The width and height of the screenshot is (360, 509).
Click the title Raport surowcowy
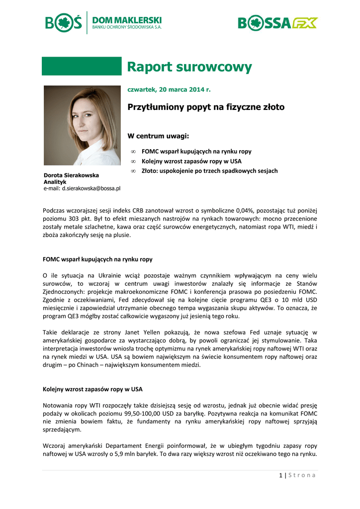(x=189, y=67)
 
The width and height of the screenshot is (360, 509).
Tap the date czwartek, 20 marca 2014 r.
(x=169, y=89)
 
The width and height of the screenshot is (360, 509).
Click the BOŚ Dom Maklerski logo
(x=103, y=23)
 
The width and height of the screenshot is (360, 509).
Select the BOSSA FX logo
(x=277, y=23)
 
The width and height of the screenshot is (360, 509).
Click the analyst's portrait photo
(x=82, y=125)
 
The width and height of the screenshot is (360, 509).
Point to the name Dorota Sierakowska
(x=71, y=175)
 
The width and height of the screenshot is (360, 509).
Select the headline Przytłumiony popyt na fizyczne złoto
(x=206, y=107)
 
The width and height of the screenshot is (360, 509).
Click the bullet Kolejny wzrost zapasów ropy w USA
(x=191, y=161)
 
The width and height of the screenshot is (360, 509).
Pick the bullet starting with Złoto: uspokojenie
(x=209, y=171)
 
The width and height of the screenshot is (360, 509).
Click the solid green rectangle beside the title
(x=82, y=66)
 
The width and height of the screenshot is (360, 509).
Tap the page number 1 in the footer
(x=280, y=475)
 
